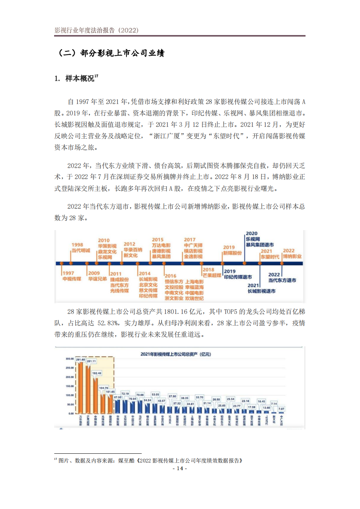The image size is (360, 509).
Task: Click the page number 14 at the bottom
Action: [180, 468]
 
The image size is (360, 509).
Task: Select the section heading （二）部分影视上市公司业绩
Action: [110, 53]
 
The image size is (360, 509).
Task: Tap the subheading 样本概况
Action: [80, 78]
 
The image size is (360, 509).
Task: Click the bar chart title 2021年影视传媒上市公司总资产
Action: [176, 354]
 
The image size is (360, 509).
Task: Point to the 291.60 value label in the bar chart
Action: [80, 360]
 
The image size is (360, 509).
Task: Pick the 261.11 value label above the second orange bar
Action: [91, 361]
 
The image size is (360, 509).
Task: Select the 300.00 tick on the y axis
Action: [70, 359]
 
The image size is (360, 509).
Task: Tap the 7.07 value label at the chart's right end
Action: [281, 409]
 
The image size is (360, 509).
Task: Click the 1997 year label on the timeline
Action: [69, 273]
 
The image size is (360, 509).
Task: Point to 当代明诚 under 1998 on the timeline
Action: [81, 250]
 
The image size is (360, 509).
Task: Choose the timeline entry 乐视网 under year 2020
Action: [253, 239]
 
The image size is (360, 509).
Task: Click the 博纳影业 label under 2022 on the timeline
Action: [292, 256]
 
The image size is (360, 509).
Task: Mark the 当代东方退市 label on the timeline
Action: [282, 280]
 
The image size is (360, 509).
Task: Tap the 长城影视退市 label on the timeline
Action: [261, 291]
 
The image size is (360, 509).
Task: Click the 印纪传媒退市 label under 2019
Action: [238, 277]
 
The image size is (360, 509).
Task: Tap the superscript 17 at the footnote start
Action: [56, 459]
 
